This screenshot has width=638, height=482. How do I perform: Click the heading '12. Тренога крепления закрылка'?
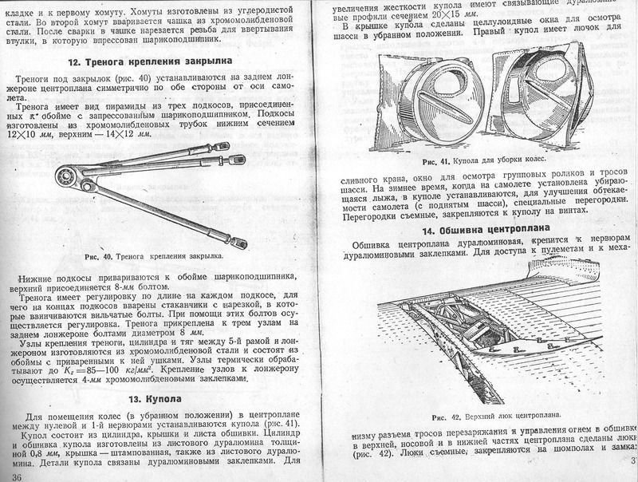(x=151, y=61)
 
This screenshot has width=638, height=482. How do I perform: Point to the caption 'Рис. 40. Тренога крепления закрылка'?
(x=152, y=258)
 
